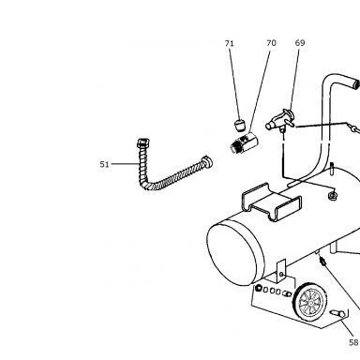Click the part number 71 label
(x=230, y=43)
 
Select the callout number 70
(x=271, y=43)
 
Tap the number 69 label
(x=300, y=43)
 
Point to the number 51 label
(x=104, y=164)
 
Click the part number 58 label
(x=353, y=342)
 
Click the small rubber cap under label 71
(x=240, y=125)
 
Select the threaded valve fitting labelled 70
(x=244, y=142)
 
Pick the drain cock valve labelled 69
(x=280, y=120)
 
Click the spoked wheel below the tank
(x=307, y=301)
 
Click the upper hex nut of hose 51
(x=143, y=142)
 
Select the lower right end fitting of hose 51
(x=207, y=161)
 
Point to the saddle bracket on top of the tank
(x=271, y=203)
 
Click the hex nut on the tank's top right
(x=332, y=196)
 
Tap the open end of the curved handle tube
(x=356, y=83)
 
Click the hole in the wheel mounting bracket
(x=281, y=275)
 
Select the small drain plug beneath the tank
(x=322, y=260)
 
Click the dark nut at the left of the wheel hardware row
(x=258, y=288)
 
